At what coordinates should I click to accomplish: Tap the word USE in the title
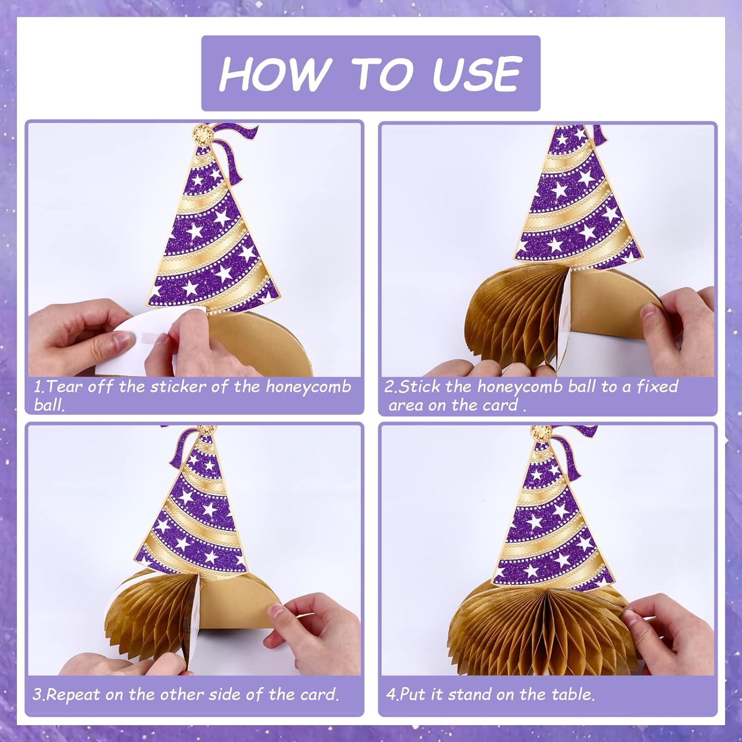[477, 73]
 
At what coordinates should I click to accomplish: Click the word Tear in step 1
[65, 386]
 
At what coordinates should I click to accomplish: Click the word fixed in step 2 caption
[657, 386]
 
